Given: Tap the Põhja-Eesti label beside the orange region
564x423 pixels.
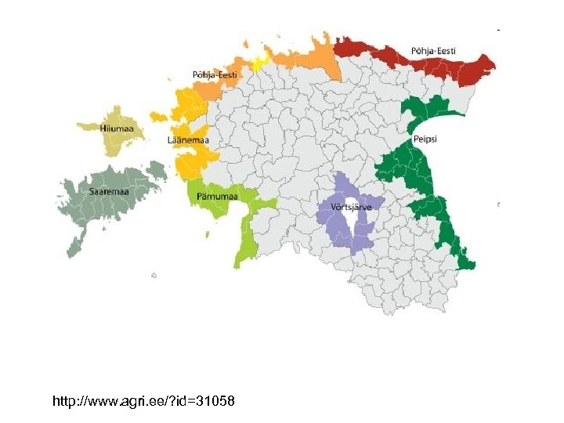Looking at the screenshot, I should [x=215, y=74].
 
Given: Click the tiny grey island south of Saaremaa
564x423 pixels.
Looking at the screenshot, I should [x=154, y=275].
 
